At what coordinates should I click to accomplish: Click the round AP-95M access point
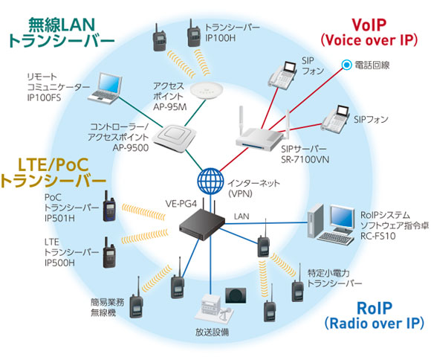click(x=207, y=91)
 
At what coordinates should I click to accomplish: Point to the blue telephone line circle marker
click(x=346, y=65)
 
